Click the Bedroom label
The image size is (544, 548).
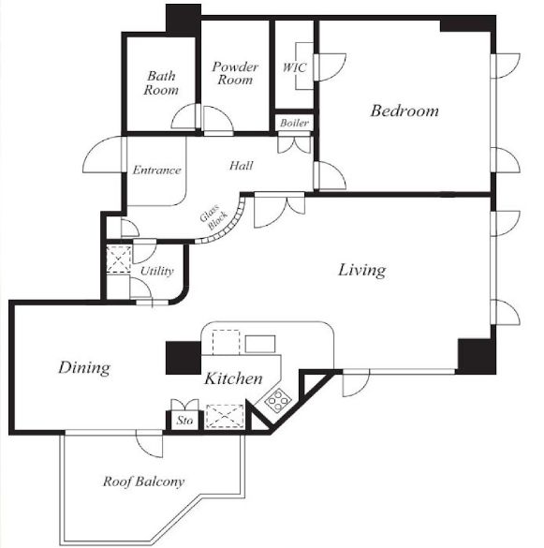tap(404, 111)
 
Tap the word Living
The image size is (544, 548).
tap(362, 271)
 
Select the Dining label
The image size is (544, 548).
tap(84, 368)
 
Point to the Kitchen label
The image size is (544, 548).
tap(233, 378)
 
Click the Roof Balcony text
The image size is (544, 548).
tap(143, 481)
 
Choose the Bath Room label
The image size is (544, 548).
tap(161, 82)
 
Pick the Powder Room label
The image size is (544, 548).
tap(235, 73)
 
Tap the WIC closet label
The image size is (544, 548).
tap(295, 67)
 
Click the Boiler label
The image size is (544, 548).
tap(294, 123)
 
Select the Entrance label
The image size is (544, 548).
tap(157, 170)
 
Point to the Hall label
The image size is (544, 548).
tap(242, 165)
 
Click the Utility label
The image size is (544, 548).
tap(157, 271)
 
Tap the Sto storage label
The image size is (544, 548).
tap(184, 420)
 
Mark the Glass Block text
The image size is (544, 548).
tap(213, 217)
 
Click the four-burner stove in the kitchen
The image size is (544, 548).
tap(278, 401)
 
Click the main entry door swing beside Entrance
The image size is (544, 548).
tap(103, 155)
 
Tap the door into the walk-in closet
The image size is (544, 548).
tap(331, 67)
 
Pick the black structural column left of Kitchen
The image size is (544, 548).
tap(184, 358)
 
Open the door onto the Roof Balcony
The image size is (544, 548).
tap(149, 443)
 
